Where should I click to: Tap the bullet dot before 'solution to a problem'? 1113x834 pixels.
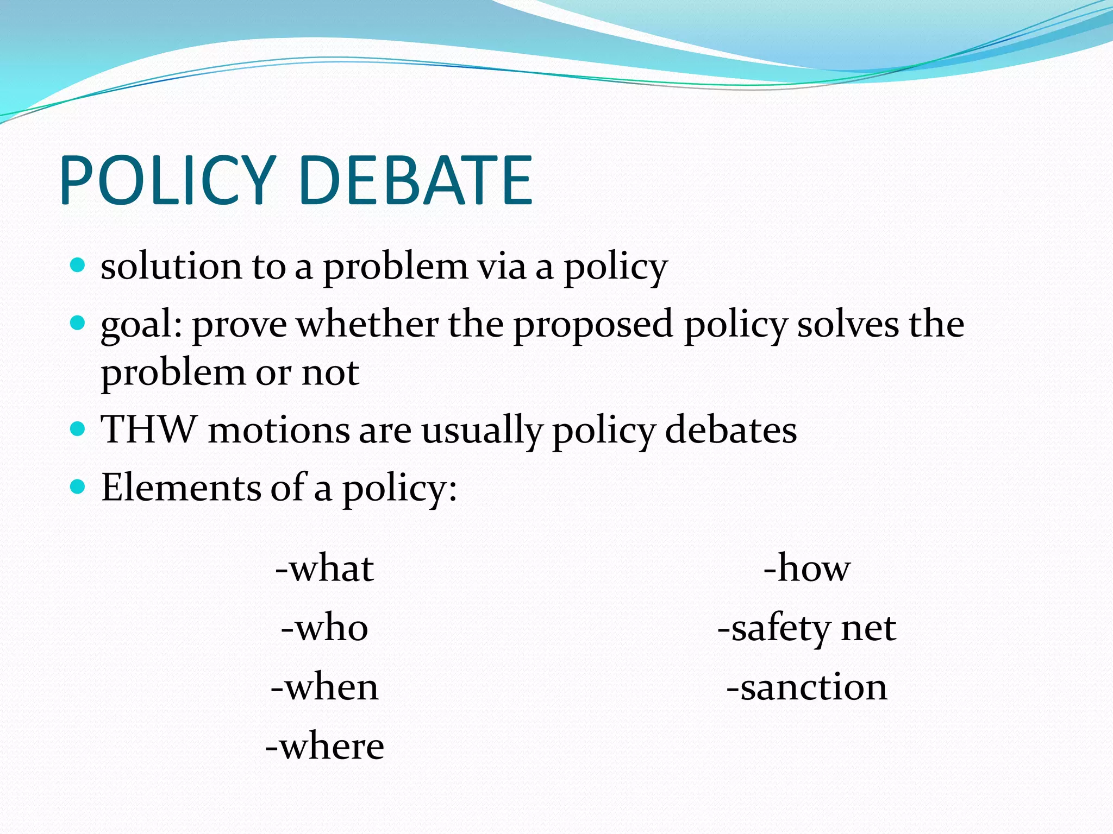(78, 266)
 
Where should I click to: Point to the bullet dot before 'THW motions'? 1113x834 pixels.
(78, 429)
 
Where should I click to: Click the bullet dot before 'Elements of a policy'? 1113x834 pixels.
(78, 486)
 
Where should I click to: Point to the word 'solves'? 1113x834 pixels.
(848, 324)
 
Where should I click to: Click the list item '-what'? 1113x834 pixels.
(325, 568)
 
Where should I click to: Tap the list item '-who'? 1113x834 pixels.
(325, 628)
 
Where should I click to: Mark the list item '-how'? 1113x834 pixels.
(807, 568)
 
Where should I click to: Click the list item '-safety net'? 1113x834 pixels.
(807, 628)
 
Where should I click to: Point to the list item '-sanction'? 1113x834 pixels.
(807, 687)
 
